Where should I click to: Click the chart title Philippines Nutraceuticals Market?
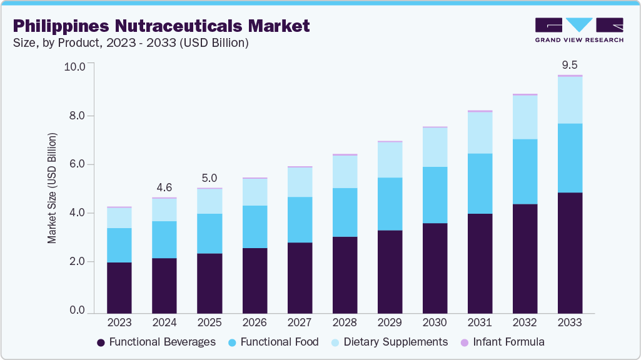click(161, 26)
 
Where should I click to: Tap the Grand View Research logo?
click(579, 30)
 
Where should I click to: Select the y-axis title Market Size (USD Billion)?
click(53, 188)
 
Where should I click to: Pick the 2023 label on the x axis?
click(119, 322)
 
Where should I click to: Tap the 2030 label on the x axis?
click(435, 322)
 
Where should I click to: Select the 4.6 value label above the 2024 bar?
click(164, 187)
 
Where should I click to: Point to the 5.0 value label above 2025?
click(209, 177)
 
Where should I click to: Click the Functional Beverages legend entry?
click(156, 342)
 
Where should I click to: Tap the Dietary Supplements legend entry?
click(388, 342)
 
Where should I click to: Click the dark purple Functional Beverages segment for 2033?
click(570, 252)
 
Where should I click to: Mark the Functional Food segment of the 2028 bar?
click(345, 212)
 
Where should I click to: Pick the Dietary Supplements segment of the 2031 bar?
click(480, 132)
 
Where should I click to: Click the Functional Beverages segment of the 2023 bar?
click(119, 287)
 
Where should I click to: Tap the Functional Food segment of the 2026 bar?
click(255, 227)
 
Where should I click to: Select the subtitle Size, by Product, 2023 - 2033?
click(131, 43)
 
